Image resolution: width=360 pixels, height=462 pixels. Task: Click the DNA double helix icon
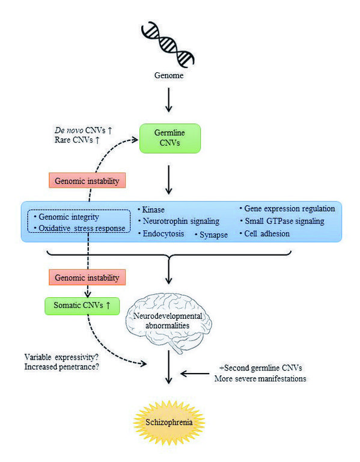click(168, 45)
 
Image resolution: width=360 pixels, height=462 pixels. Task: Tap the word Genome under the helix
click(169, 75)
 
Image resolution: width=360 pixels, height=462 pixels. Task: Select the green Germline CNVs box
click(170, 138)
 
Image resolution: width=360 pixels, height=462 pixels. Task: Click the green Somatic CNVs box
click(82, 306)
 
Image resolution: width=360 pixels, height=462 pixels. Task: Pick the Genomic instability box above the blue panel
click(87, 180)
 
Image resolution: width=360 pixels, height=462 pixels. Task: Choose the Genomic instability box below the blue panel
click(87, 277)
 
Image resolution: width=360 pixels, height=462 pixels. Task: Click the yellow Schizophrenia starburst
click(169, 422)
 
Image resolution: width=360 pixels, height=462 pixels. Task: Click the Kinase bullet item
click(151, 209)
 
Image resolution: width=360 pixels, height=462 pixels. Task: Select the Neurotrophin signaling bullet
click(179, 221)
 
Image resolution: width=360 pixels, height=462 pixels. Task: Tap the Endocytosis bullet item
click(161, 233)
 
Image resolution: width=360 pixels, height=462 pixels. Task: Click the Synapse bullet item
click(212, 235)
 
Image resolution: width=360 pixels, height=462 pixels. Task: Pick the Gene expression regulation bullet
click(287, 209)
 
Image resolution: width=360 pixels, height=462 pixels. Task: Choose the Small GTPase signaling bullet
click(282, 221)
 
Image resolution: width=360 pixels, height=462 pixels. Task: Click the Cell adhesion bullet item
click(264, 233)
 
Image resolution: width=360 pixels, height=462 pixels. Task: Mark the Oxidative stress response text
click(80, 229)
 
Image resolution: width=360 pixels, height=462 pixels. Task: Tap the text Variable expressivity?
click(61, 357)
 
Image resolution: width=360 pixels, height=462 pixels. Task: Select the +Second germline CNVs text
click(261, 368)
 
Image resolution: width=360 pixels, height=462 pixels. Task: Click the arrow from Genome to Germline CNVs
click(169, 100)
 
